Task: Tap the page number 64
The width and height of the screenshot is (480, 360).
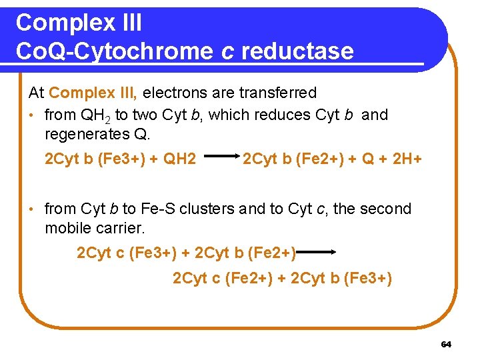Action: (446, 344)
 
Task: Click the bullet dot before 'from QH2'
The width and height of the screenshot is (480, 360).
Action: (32, 115)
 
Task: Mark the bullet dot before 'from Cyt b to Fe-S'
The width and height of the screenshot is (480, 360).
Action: (32, 209)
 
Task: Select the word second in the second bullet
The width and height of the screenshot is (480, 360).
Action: (387, 209)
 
